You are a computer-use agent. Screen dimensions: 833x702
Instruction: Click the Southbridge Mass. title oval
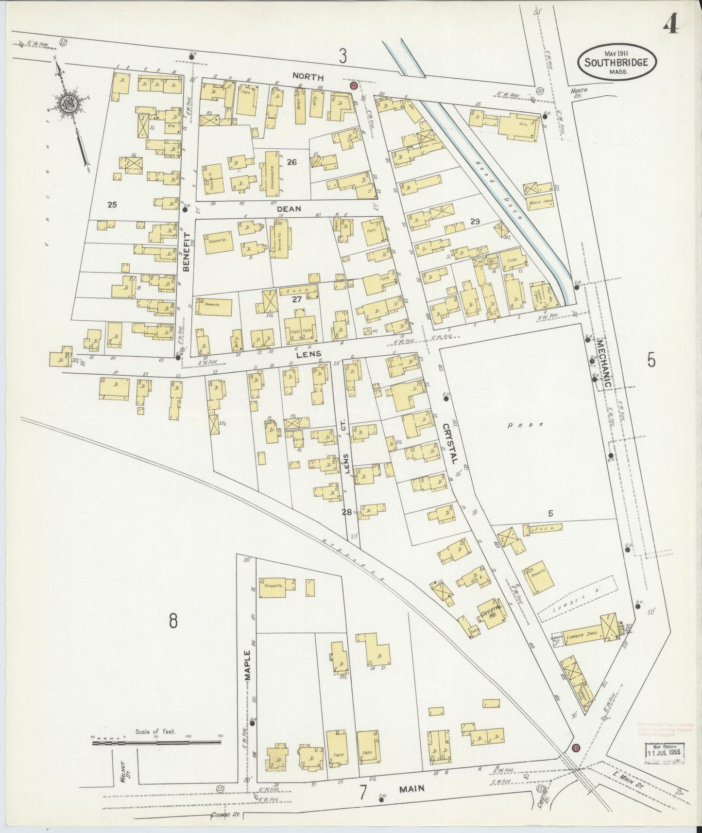(x=616, y=62)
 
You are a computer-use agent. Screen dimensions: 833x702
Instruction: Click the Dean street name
(x=289, y=209)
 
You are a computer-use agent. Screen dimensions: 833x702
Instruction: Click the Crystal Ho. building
(x=490, y=614)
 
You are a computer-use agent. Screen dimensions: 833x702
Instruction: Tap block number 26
(x=291, y=162)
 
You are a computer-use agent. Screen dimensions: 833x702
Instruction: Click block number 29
(x=475, y=222)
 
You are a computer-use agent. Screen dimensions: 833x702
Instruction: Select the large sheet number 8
(x=173, y=621)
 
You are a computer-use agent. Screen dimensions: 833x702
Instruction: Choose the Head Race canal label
(x=499, y=189)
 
